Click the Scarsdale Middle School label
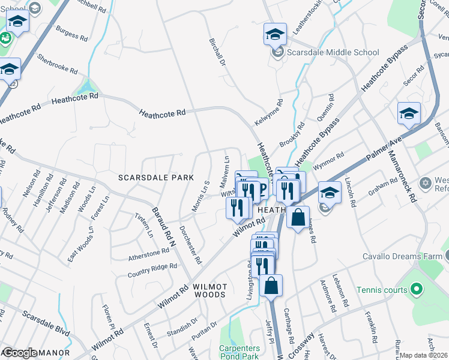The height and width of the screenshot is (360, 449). [333, 52]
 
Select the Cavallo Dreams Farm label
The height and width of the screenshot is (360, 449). [402, 256]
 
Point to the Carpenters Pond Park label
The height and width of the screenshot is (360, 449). [240, 352]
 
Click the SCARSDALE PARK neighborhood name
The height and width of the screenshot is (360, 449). [156, 178]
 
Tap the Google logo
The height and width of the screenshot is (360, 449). [20, 353]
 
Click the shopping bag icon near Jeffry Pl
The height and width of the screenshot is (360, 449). [271, 286]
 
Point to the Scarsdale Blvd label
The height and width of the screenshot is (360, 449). [46, 323]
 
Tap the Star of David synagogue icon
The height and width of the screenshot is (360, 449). [426, 182]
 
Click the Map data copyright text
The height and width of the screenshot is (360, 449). [424, 355]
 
